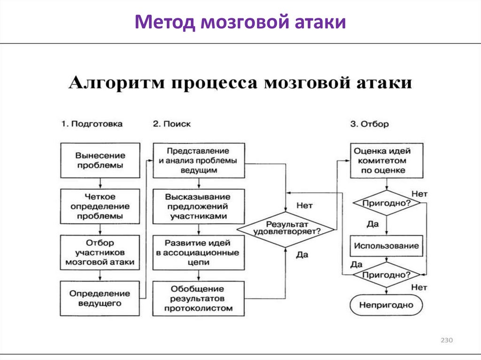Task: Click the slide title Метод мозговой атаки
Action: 240,22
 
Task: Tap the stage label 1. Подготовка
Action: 92,124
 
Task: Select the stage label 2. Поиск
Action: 171,124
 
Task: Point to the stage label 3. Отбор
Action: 369,124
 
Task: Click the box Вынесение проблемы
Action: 100,160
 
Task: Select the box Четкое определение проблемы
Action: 100,207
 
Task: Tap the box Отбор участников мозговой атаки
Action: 100,253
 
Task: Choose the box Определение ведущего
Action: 100,298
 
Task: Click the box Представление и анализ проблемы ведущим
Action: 198,160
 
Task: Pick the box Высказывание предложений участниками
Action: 198,207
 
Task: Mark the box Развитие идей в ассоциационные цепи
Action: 198,253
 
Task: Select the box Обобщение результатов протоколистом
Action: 198,298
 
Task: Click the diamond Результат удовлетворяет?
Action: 286,229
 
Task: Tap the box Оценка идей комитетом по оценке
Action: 386,161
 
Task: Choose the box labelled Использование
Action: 386,246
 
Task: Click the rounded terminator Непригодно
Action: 386,305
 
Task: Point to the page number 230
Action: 446,340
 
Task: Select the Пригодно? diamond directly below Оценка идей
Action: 386,203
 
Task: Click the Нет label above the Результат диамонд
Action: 304,205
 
